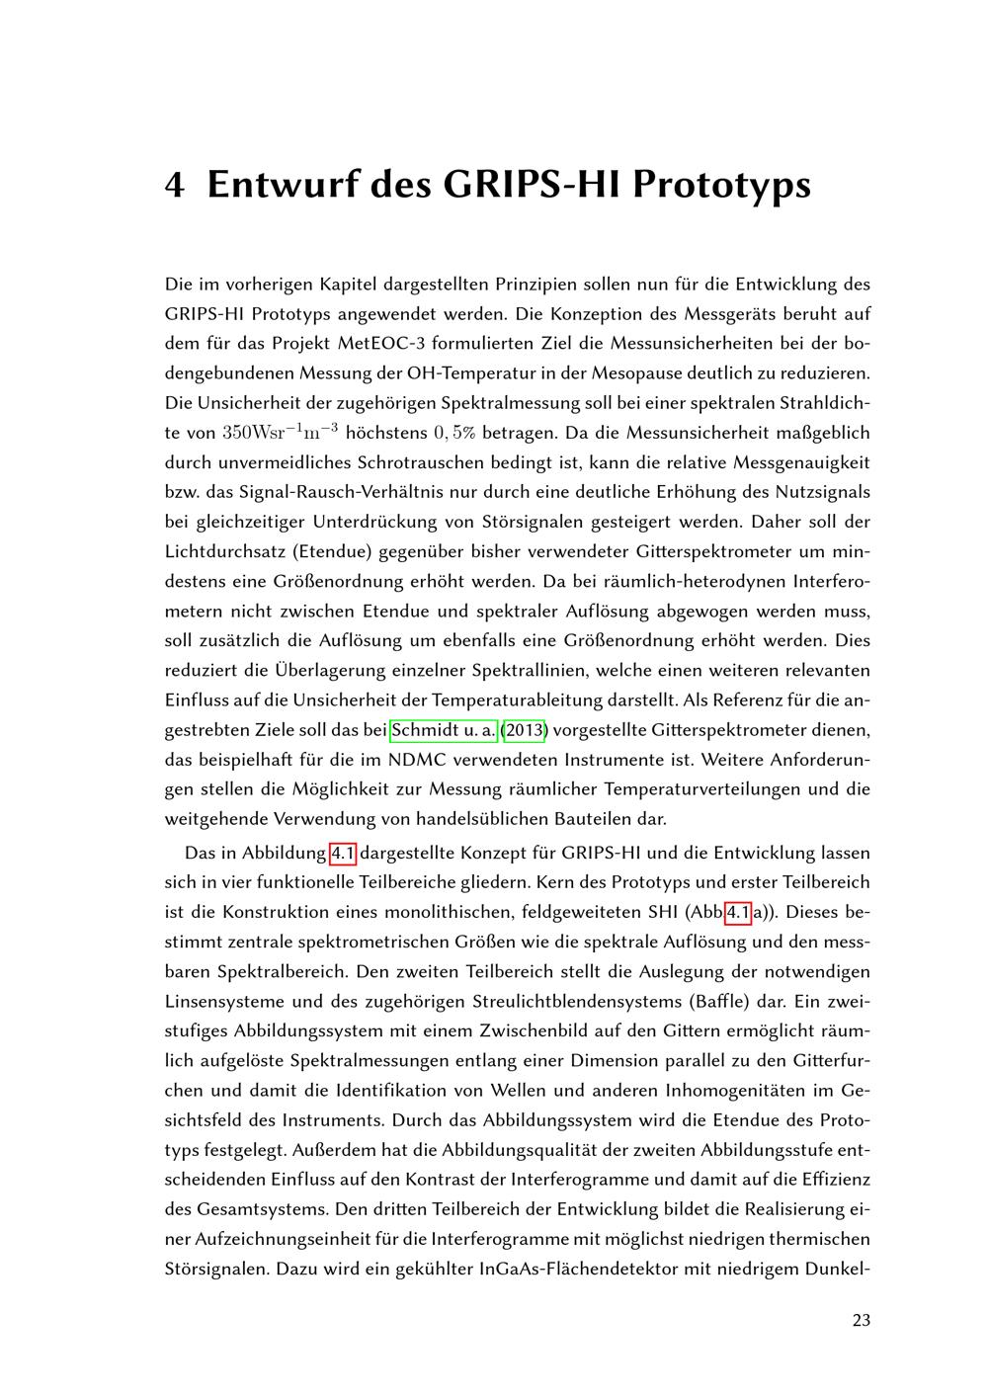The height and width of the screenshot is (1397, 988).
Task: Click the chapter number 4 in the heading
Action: [174, 185]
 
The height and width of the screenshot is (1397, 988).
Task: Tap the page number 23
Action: [861, 1320]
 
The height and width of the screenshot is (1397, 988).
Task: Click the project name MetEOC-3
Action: [380, 344]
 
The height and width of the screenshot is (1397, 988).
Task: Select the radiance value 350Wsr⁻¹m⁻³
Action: [281, 432]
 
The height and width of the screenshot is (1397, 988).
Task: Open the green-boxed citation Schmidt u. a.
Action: [444, 731]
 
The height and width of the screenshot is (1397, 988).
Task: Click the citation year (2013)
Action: [525, 731]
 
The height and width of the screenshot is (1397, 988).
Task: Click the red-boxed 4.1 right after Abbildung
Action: [342, 854]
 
